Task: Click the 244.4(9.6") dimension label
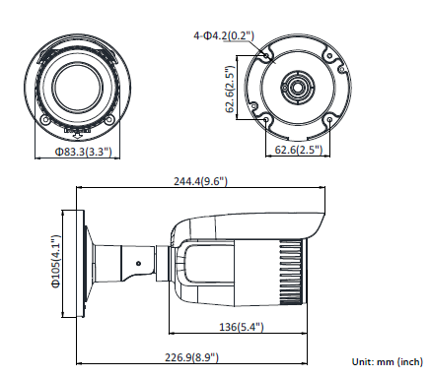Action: tap(200, 181)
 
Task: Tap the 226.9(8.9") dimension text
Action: tap(191, 357)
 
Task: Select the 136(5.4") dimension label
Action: tap(242, 327)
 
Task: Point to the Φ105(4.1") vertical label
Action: tap(56, 262)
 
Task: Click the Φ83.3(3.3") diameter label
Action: tap(84, 152)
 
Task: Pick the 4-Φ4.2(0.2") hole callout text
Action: tap(224, 35)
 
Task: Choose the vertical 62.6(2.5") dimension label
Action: tap(230, 90)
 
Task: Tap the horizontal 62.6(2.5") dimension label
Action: tap(298, 150)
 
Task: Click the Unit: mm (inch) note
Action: tap(388, 361)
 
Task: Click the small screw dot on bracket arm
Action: tap(138, 263)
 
